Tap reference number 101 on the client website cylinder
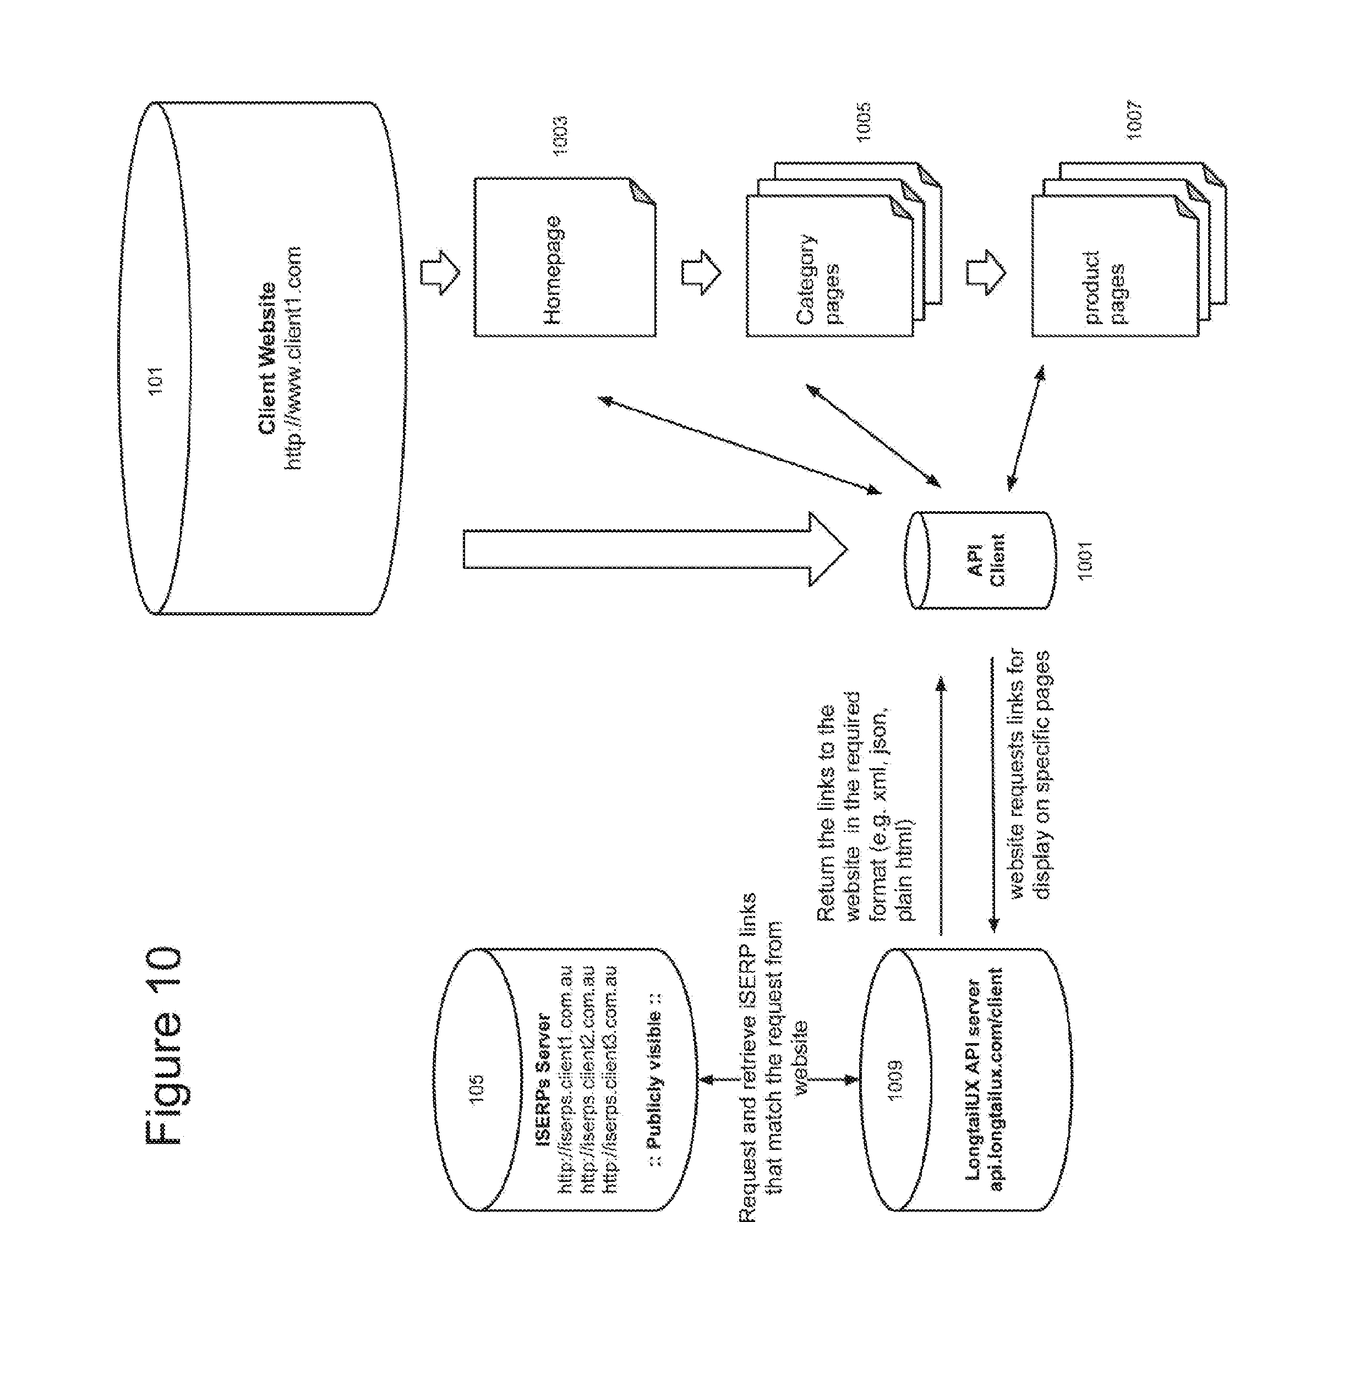coord(155,380)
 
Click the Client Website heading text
coord(267,358)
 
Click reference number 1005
coord(864,123)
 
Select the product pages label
coord(1104,287)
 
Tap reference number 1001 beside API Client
coord(1085,561)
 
